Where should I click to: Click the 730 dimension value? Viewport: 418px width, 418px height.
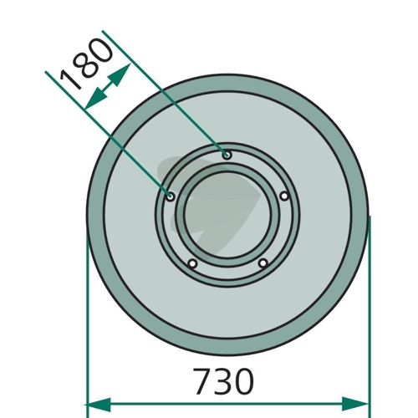coord(224,381)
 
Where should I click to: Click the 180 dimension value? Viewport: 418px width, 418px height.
coord(87,64)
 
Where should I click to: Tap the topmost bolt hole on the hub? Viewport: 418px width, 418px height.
coord(227,155)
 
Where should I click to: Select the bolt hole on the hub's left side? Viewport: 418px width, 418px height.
coord(171,196)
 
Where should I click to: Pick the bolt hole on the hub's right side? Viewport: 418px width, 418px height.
coord(284,196)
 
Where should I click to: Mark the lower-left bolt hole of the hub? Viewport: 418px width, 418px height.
coord(192,263)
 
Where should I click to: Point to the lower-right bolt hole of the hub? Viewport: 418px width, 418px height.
coord(263,263)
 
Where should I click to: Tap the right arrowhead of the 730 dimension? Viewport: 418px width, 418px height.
coord(354,404)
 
